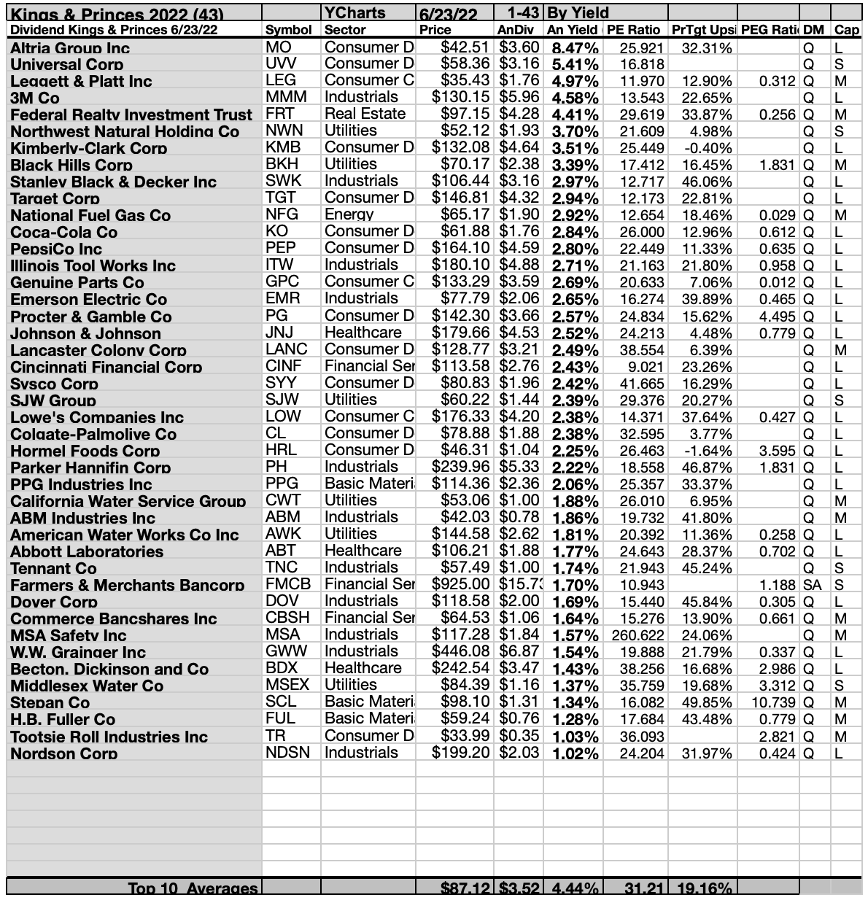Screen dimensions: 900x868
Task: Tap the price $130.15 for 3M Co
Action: (x=460, y=97)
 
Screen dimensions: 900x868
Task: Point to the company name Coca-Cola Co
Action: (x=64, y=233)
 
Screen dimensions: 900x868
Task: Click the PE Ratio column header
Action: (x=633, y=30)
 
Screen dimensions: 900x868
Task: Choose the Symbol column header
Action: (x=288, y=30)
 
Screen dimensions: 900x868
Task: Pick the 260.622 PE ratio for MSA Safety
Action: (x=638, y=635)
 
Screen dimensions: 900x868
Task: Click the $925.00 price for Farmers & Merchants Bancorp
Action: (x=461, y=584)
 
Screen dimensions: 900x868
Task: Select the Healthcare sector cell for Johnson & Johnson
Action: (x=363, y=333)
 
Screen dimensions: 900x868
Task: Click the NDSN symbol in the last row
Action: (x=287, y=753)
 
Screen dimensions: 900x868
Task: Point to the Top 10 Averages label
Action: (x=193, y=888)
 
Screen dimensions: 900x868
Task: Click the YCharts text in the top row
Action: (x=354, y=12)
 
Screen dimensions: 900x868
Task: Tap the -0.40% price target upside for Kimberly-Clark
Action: (x=710, y=148)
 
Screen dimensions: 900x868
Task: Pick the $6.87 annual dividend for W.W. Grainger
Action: (x=519, y=651)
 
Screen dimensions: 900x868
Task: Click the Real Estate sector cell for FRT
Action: (x=365, y=114)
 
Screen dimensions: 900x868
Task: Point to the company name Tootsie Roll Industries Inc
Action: (x=109, y=737)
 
